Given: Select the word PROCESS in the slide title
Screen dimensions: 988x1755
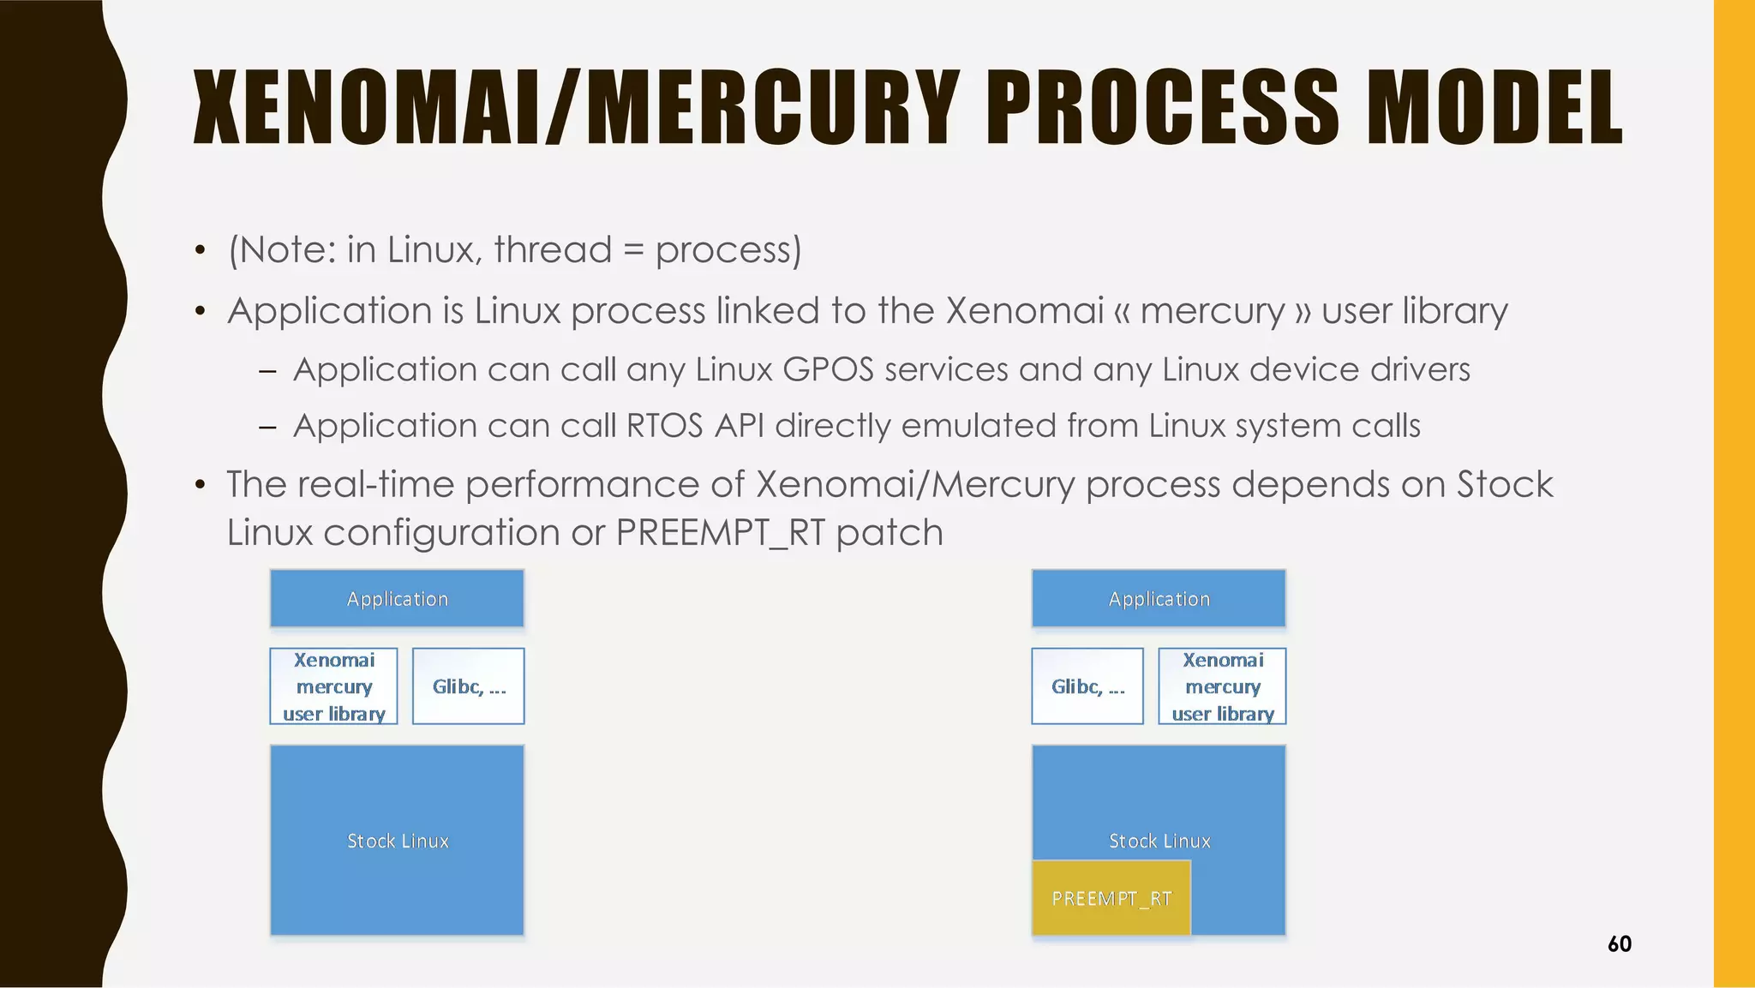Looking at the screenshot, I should click(1162, 109).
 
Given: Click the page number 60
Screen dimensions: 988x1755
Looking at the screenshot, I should click(1619, 944).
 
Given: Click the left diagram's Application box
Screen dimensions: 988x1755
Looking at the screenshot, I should click(397, 599).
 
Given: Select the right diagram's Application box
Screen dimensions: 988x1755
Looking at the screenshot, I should click(1159, 599).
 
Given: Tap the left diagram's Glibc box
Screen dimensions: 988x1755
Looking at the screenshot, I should click(468, 686).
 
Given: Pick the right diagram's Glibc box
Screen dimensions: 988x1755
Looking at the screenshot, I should click(1087, 686).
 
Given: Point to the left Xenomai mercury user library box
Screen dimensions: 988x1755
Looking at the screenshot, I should click(333, 686).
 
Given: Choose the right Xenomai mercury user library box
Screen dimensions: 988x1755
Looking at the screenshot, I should click(1222, 686).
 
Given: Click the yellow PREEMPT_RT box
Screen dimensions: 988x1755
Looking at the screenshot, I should click(1111, 898).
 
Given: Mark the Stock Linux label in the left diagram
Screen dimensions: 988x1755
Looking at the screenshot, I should click(398, 841).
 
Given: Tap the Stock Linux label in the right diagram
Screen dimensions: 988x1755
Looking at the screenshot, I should click(1159, 841).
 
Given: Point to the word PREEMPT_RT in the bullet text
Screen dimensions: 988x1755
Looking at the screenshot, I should click(720, 533).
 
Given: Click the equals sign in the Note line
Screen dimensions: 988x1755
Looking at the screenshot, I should click(632, 250).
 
